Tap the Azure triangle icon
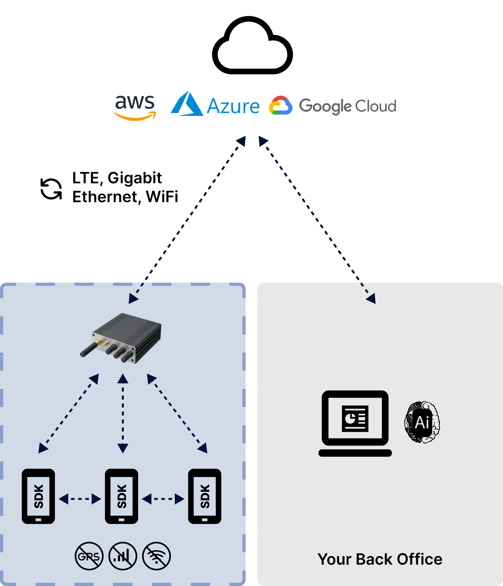click(x=187, y=104)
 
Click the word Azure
click(x=233, y=107)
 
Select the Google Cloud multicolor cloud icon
click(x=280, y=106)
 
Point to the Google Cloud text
click(x=347, y=106)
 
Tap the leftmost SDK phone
click(x=38, y=496)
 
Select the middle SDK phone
click(x=122, y=496)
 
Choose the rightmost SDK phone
click(x=205, y=496)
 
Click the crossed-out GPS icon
click(x=89, y=556)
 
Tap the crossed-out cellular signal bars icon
click(x=123, y=556)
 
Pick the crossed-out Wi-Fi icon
click(x=157, y=556)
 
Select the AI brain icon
click(x=422, y=422)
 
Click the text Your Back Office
click(x=380, y=559)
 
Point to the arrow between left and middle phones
click(x=80, y=499)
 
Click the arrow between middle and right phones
click(x=163, y=499)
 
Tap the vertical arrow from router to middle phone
click(x=123, y=413)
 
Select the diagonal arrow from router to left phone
click(x=69, y=413)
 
